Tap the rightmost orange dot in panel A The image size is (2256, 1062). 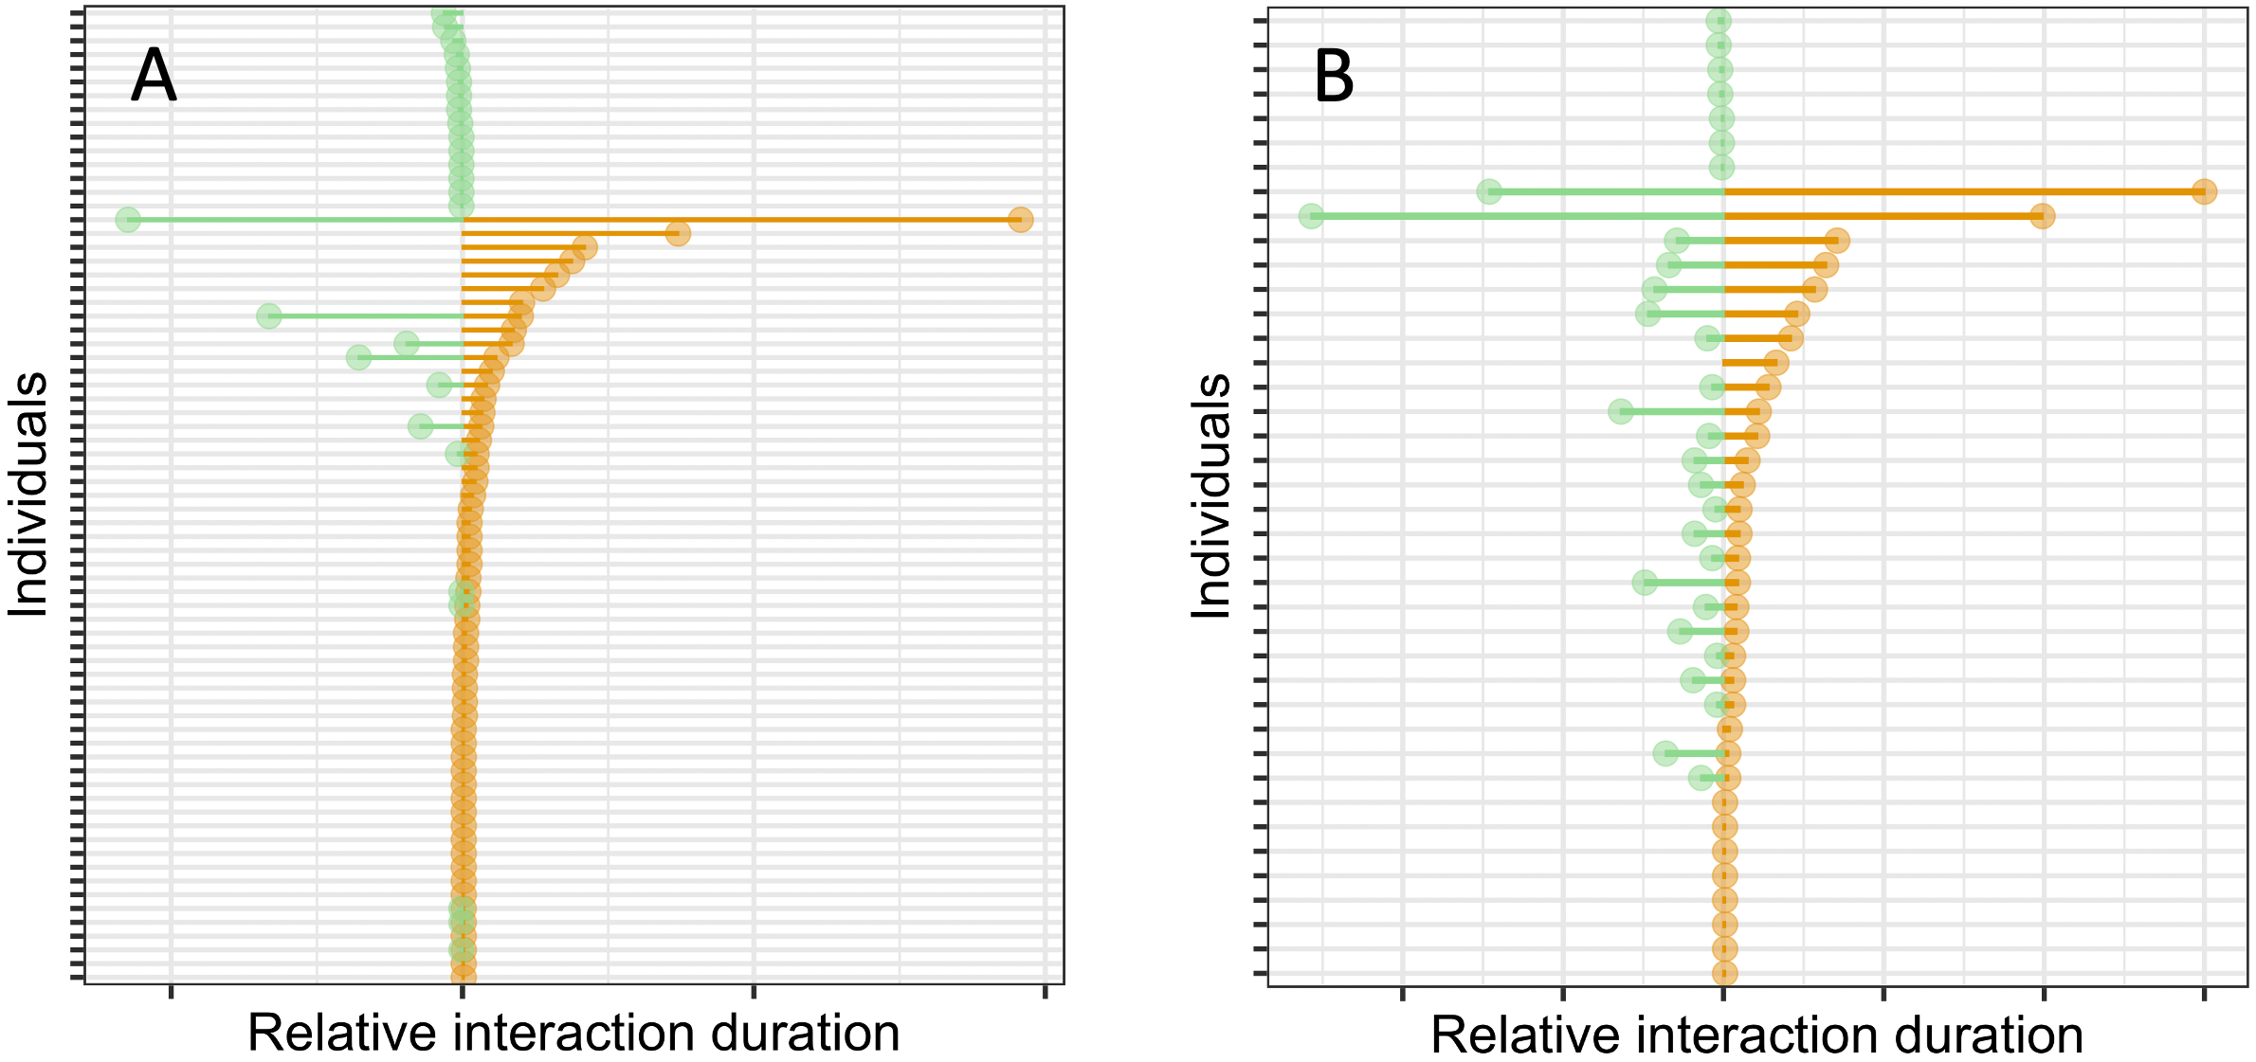pos(1020,220)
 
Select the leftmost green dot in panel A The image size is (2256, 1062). pos(128,220)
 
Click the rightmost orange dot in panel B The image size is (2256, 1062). pos(2205,192)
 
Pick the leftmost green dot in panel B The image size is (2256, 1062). pos(1311,217)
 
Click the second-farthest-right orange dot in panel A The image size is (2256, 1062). pos(678,234)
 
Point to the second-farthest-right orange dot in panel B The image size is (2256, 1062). pos(2043,217)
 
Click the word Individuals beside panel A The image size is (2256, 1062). pos(28,495)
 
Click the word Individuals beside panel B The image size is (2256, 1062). pos(1210,495)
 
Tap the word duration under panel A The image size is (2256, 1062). pos(791,1033)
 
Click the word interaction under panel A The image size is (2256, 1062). pos(562,1033)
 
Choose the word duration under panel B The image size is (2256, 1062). pos(1974,1035)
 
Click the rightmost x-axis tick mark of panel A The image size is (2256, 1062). pos(1045,992)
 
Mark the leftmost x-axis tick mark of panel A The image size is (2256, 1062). pos(171,992)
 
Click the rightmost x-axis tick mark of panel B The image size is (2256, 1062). pos(2204,993)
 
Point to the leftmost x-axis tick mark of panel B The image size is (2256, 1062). pos(1402,993)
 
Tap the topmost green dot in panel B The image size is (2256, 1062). pos(1719,21)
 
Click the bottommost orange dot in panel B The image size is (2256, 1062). pos(1725,974)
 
